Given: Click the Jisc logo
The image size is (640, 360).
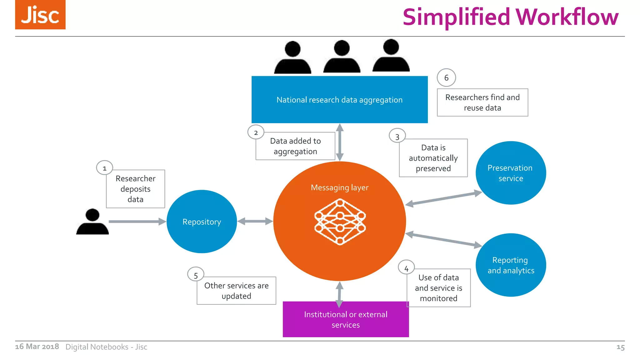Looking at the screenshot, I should [40, 15].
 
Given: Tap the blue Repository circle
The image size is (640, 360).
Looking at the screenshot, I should [202, 222].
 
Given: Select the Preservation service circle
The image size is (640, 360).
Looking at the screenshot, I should [511, 173].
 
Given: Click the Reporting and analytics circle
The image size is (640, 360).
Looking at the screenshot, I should [511, 265].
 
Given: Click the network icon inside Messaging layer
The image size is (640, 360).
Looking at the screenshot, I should [340, 222].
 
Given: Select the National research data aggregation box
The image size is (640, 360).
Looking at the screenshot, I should [339, 100].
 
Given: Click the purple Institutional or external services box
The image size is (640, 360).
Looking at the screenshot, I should [346, 319].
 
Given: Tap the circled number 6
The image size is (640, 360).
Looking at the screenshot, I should [446, 78].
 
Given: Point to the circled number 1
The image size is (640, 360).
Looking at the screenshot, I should [104, 168].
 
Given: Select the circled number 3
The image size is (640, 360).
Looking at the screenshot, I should [397, 137].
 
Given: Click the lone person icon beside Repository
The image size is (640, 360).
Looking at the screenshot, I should [92, 222].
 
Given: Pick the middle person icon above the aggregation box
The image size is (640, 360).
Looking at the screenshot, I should [342, 57].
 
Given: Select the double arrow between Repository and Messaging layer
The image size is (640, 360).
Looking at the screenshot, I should [255, 222].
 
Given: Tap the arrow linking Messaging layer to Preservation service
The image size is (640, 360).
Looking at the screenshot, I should [443, 199].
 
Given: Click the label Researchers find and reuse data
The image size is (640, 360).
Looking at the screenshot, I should [482, 102].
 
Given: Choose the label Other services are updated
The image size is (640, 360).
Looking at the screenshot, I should [236, 291].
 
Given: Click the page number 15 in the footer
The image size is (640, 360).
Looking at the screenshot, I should [620, 347].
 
